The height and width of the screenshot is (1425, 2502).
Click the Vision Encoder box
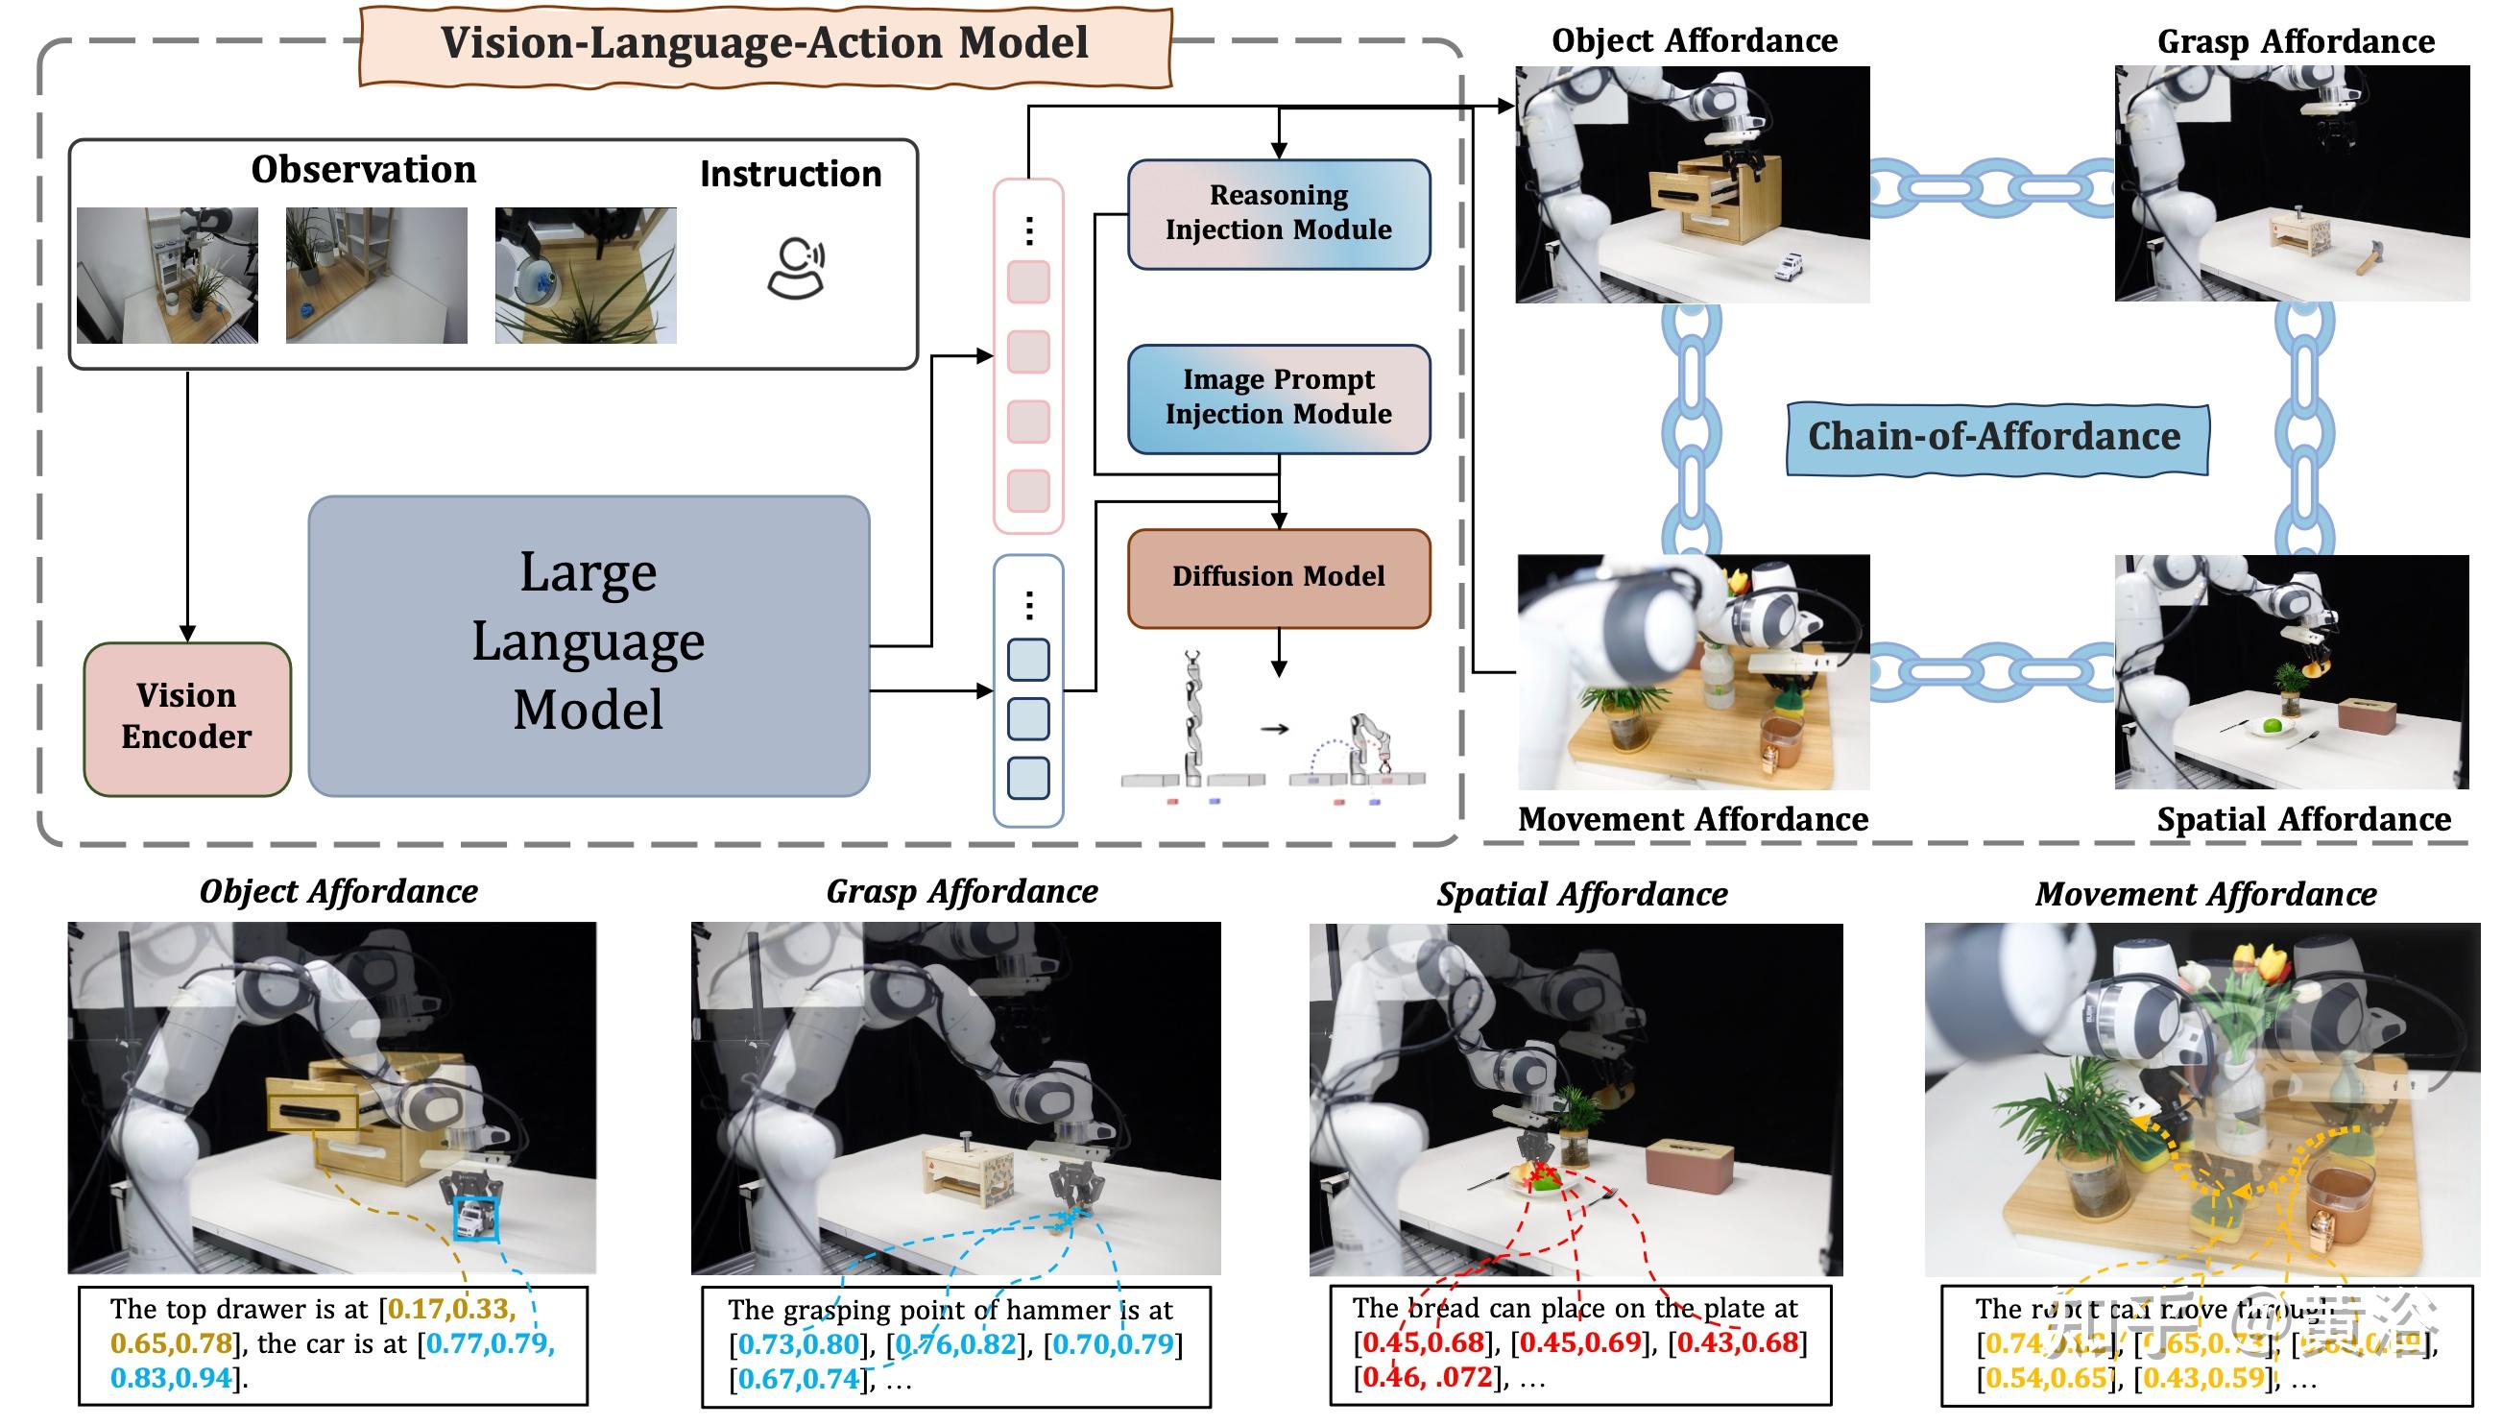coord(187,717)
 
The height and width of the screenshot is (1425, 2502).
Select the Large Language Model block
coord(589,643)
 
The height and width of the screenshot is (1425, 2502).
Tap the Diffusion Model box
coord(1278,576)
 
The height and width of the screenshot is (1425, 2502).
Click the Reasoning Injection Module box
coord(1278,213)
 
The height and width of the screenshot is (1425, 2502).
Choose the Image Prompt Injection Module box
coord(1278,398)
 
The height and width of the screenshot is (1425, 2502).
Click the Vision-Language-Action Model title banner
coord(764,44)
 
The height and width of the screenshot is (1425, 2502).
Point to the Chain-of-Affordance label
coord(1995,437)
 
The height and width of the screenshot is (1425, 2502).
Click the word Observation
coord(363,170)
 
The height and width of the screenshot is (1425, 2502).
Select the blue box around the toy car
coord(475,1219)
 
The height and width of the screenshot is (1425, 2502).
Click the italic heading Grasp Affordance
coord(961,892)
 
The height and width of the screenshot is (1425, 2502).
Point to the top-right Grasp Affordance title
coord(2296,42)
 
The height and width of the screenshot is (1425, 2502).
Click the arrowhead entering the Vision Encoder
coord(187,633)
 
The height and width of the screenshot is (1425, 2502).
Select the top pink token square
coord(1028,282)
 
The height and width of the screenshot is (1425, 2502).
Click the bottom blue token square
coord(1028,778)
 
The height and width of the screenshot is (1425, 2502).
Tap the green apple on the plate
coord(2272,726)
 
